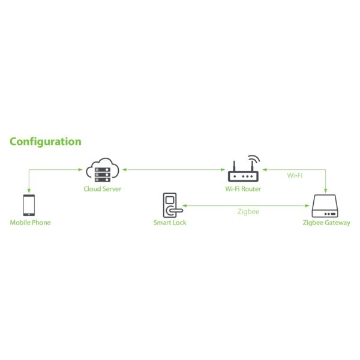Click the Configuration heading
(46, 142)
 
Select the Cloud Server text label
(103, 189)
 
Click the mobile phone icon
(29, 205)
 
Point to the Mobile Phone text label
(31, 223)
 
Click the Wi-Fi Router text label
(243, 189)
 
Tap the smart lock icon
(170, 205)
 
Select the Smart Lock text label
(170, 223)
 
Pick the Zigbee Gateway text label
(326, 223)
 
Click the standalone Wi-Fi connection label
(294, 176)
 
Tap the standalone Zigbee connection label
(247, 211)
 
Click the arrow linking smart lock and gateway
(246, 205)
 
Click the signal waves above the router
(254, 160)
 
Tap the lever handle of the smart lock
(175, 211)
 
